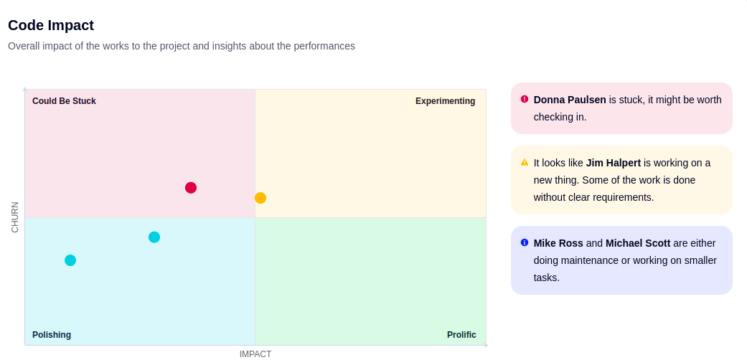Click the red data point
coord(191,188)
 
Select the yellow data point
coord(260,198)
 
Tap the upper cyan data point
coord(154,237)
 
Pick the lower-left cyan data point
coord(70,260)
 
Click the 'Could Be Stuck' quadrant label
coord(65,101)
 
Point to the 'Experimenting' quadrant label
coord(446,101)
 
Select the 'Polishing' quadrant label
coord(52,335)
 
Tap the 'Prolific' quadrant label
coord(461,335)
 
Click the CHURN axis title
coord(15,217)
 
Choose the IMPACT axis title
coord(255,354)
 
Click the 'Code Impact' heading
coord(51,25)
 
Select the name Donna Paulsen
coord(570,100)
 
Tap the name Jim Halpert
coord(614,163)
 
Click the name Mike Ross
coord(558,243)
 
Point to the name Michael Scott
coord(638,243)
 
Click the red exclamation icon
coord(525,99)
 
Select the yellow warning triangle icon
coord(525,162)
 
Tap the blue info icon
coord(525,242)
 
